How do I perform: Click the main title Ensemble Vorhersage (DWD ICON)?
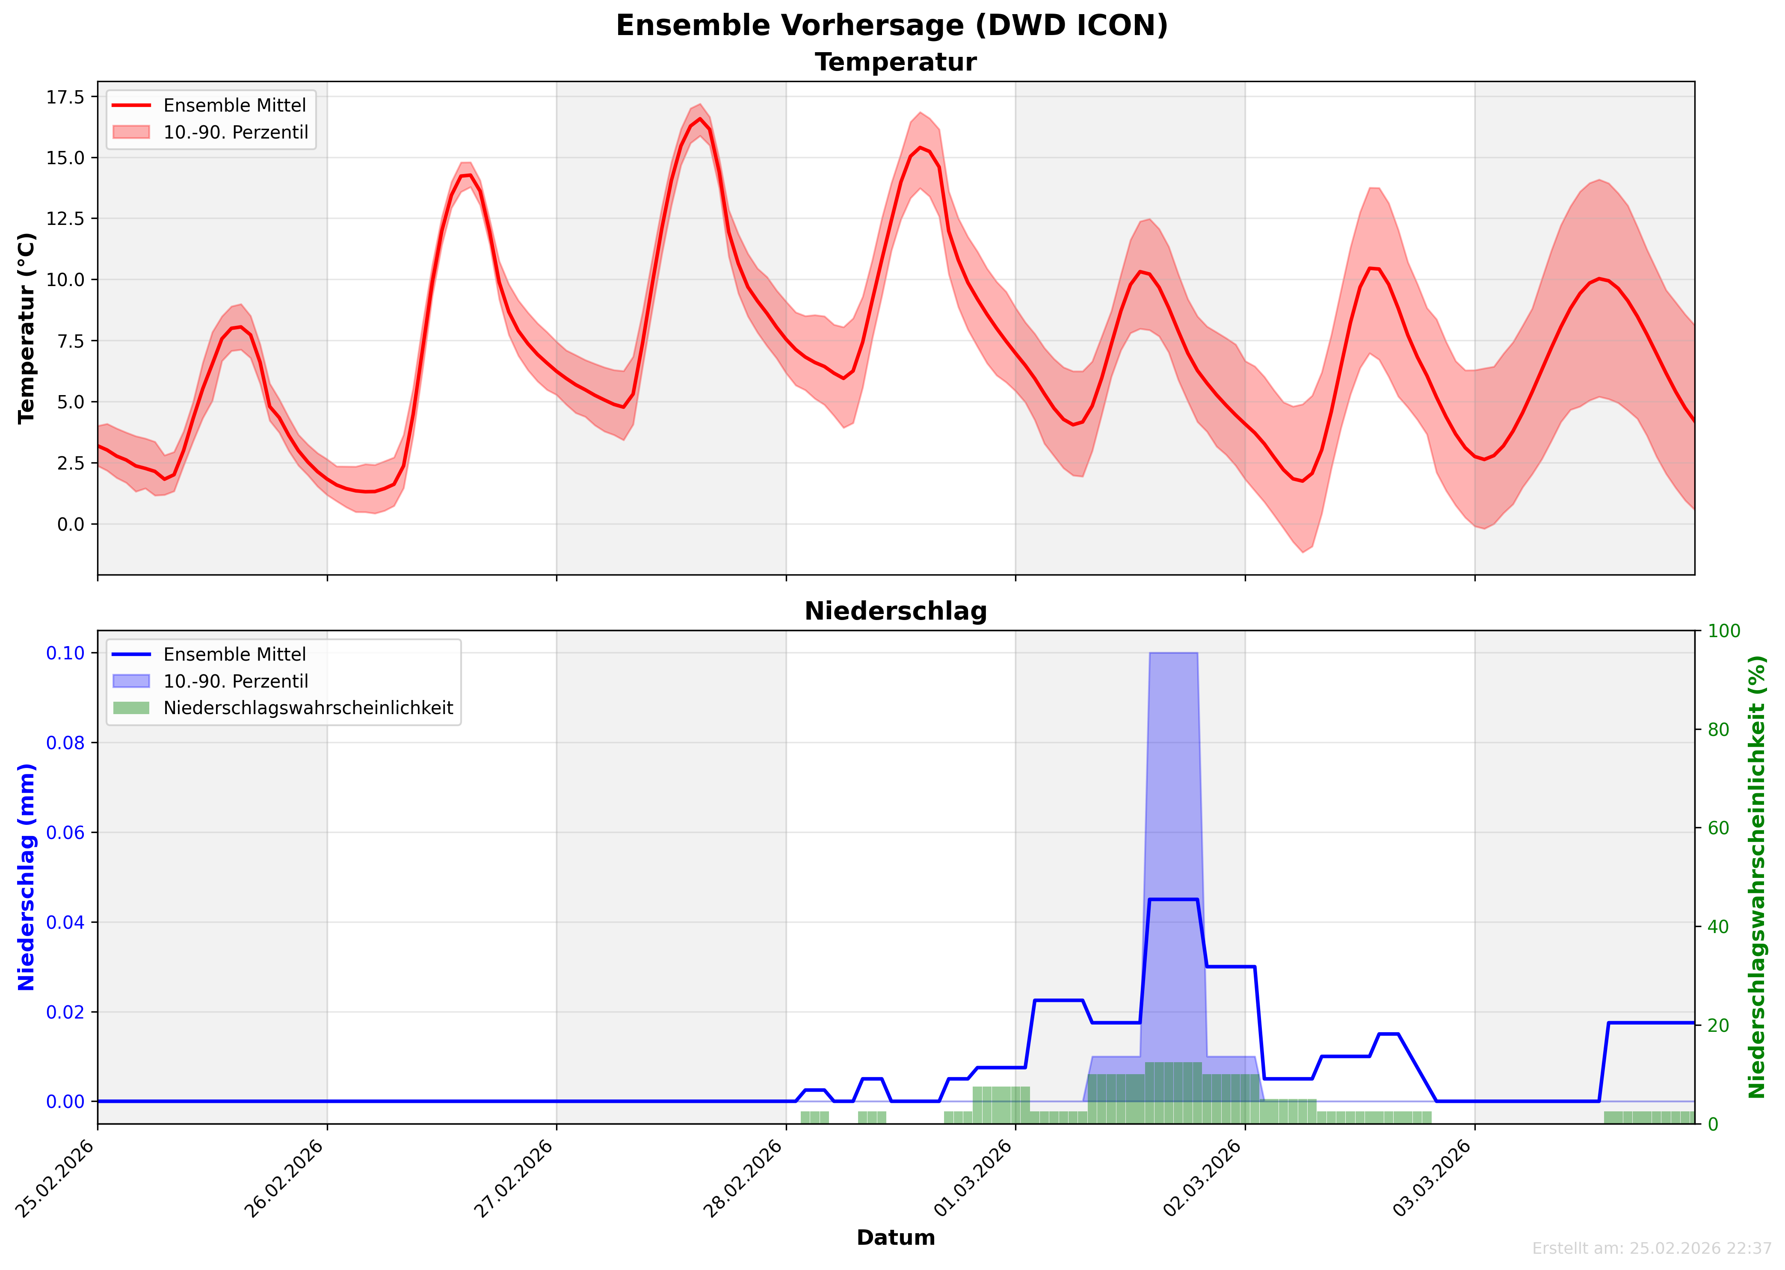tap(892, 26)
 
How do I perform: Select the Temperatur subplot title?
tap(896, 62)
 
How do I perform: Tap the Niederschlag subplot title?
tap(896, 611)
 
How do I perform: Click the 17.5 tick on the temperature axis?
tap(66, 97)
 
